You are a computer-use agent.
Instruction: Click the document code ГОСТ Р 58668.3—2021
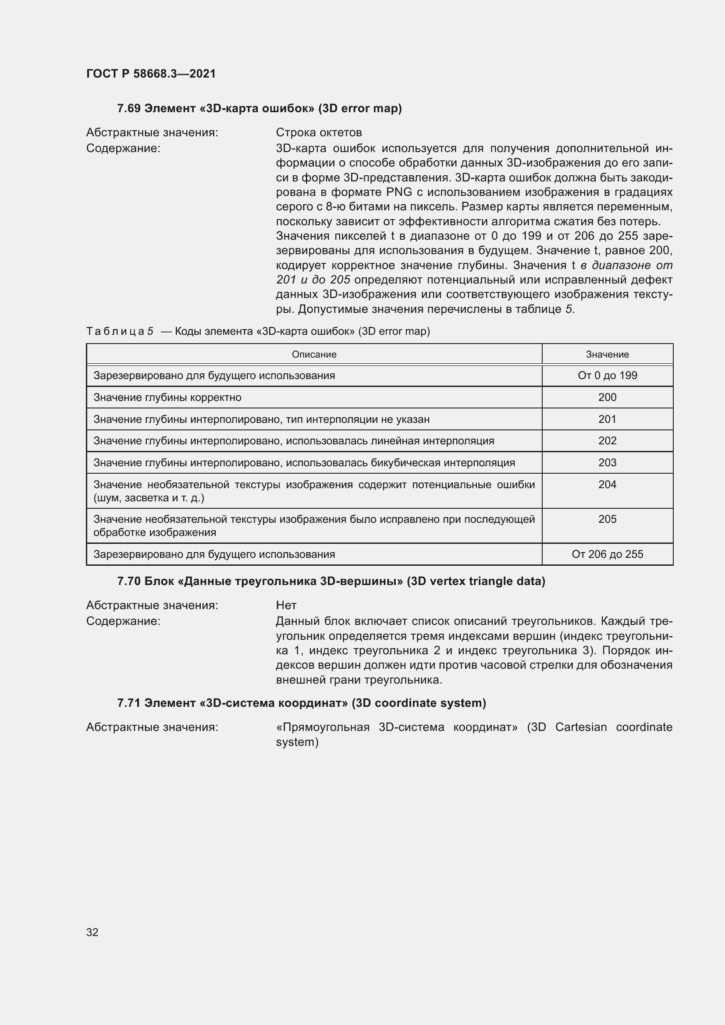(151, 74)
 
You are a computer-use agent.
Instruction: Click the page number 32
(92, 932)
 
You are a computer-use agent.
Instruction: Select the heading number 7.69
(129, 109)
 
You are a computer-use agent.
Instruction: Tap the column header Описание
(314, 355)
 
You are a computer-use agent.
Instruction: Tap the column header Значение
(607, 355)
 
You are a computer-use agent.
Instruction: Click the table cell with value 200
(607, 397)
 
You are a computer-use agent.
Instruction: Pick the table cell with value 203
(607, 462)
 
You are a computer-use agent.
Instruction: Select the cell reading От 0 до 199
(607, 376)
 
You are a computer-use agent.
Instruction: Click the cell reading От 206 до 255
(607, 554)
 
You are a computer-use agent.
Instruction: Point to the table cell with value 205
(607, 519)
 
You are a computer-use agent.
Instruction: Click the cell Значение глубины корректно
(167, 397)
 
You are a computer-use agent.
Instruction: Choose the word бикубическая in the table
(402, 463)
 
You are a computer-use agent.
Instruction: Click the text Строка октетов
(319, 133)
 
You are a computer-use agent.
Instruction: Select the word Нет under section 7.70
(286, 605)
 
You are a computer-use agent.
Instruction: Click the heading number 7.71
(129, 703)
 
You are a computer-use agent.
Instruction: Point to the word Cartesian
(581, 727)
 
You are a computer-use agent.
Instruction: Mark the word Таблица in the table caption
(115, 331)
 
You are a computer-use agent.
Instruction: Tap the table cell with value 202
(607, 440)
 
